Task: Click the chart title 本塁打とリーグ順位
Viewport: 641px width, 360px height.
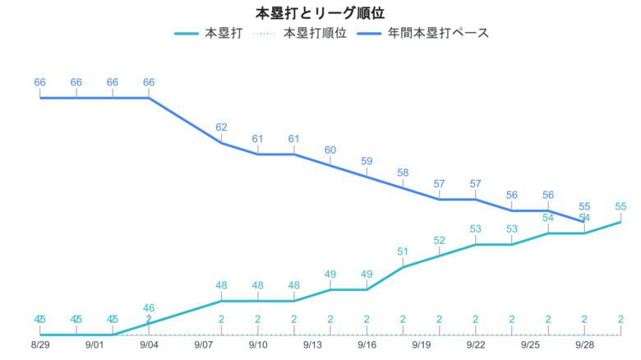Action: [x=320, y=13]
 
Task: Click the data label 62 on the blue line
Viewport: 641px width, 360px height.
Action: [x=221, y=127]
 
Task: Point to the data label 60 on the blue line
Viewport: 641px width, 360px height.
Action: [x=330, y=150]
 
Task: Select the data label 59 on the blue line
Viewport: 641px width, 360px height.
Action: [x=367, y=161]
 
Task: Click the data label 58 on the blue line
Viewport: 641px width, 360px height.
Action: [x=403, y=173]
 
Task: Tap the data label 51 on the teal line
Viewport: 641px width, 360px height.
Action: [x=403, y=252]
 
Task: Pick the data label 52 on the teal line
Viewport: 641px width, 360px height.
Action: [x=439, y=240]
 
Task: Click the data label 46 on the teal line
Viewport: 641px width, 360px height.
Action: [x=149, y=308]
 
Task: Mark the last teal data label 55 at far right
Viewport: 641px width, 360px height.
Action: [x=620, y=206]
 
